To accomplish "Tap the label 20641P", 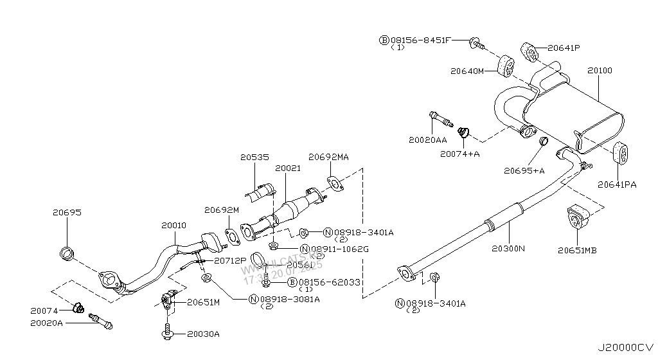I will point(564,48).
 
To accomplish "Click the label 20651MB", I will point(577,250).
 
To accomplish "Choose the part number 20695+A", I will point(524,170).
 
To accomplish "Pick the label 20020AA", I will point(427,139).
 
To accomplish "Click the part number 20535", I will point(254,156).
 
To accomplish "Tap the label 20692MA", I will point(328,156).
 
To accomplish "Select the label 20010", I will point(173,226).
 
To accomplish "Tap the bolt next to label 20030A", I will point(167,333).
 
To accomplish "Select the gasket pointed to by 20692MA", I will point(333,184).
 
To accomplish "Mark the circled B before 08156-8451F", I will point(384,40).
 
